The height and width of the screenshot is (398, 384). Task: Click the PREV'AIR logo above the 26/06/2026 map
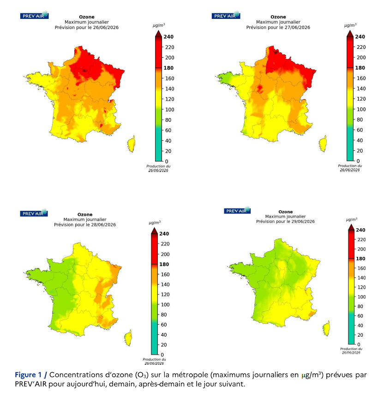pos(34,15)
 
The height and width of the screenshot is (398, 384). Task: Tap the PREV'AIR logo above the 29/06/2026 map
pos(237,210)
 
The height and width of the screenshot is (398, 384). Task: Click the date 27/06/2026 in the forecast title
pos(297,27)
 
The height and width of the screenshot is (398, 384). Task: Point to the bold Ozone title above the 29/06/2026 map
pos(285,212)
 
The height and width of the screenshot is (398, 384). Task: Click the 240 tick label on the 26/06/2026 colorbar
pos(168,37)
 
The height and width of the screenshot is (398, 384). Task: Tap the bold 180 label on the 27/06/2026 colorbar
pos(360,68)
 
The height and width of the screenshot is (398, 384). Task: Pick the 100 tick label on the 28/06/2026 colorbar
pos(165,304)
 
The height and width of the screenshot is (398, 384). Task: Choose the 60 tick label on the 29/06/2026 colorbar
pos(360,316)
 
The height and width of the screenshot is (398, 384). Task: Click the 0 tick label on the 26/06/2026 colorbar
pos(167,161)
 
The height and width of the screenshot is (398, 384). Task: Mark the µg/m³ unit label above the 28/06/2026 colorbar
pos(155,223)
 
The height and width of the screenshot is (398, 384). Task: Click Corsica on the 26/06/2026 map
pos(131,144)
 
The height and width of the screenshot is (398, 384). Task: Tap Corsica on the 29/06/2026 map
pos(326,328)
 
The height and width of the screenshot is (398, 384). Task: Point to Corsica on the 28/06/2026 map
pos(128,338)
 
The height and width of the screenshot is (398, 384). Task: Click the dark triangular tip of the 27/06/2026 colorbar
pos(350,34)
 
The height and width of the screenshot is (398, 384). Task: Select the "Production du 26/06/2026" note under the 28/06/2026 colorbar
pos(154,361)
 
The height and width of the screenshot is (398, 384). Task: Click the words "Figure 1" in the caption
pos(28,374)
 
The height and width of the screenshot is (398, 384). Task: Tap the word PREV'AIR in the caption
pos(31,384)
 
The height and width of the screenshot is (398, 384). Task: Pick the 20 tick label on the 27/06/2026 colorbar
pos(360,151)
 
